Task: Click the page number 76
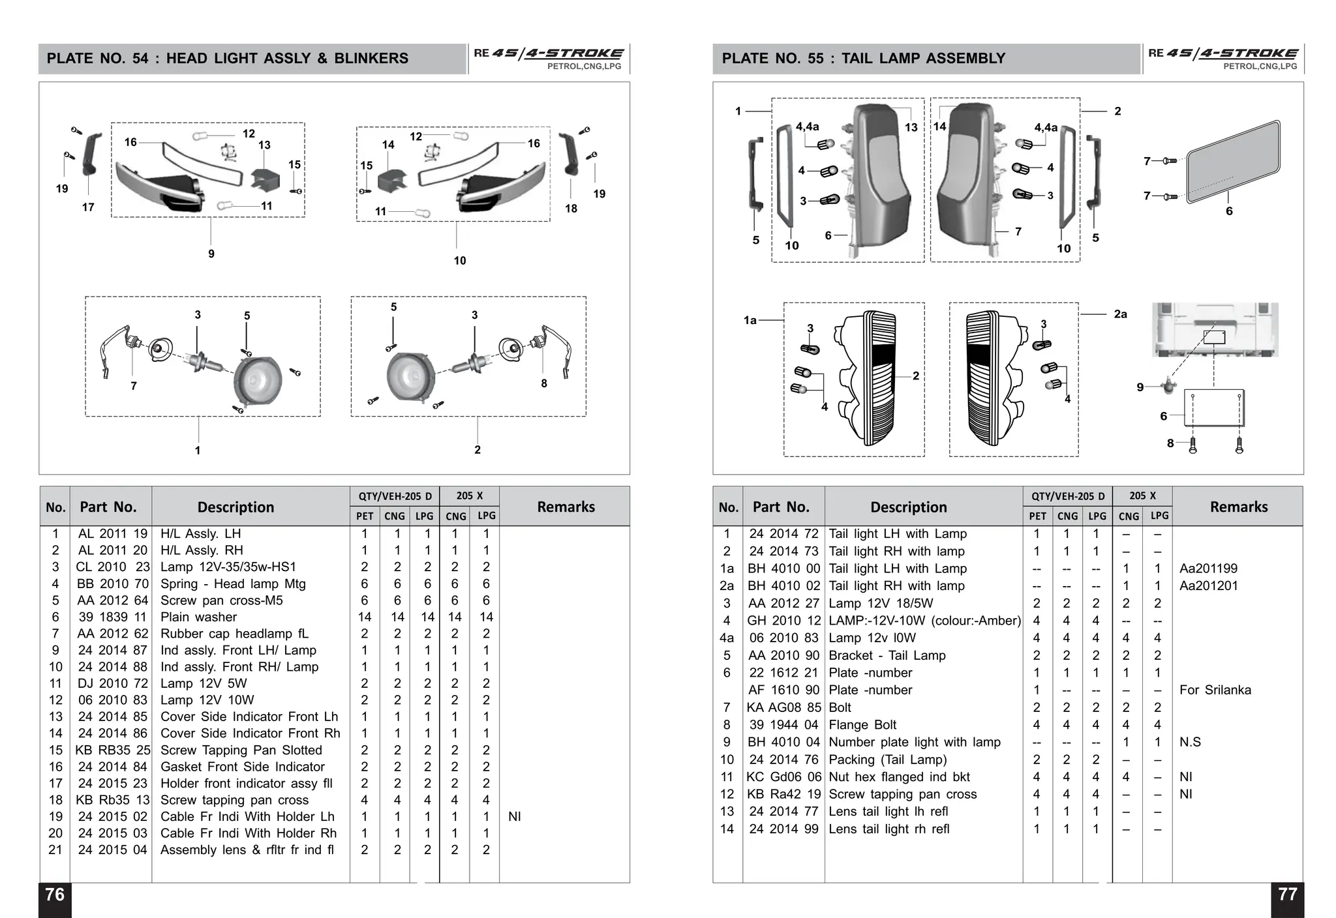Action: [x=55, y=895]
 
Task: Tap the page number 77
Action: [x=1287, y=895]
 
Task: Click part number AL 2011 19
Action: [x=112, y=534]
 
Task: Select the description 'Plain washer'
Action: [x=198, y=617]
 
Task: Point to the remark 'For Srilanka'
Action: [x=1215, y=690]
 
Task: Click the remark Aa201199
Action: [x=1208, y=569]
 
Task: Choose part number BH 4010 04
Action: [x=783, y=742]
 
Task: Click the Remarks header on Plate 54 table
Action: [x=566, y=507]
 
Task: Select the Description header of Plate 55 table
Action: [x=908, y=507]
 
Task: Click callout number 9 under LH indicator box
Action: [x=211, y=254]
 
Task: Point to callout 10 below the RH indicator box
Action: [x=460, y=261]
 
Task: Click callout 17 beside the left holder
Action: [x=88, y=207]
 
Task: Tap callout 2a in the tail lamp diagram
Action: [x=1120, y=314]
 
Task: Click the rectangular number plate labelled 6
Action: [x=1232, y=162]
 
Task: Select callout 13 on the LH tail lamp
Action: [x=911, y=128]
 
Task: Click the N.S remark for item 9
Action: [x=1190, y=742]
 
